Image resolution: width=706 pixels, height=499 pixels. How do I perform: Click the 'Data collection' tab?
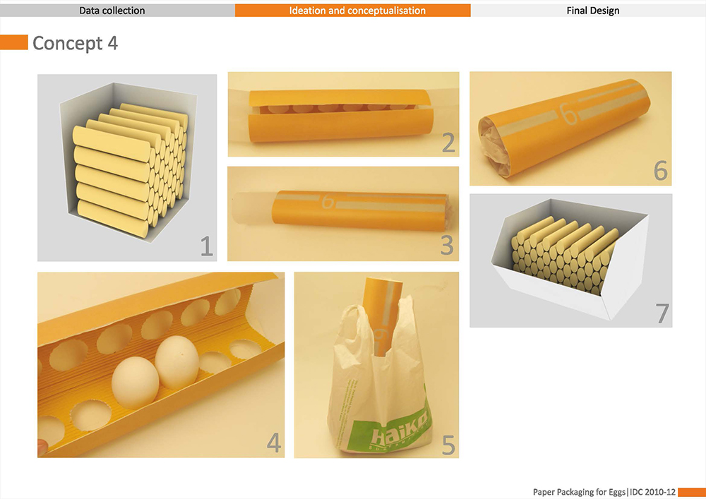pos(112,11)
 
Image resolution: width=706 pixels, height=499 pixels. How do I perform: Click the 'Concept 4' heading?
pos(76,43)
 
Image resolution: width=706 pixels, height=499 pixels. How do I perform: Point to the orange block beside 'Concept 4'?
pos(14,42)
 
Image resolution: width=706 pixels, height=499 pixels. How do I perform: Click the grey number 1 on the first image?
pos(206,246)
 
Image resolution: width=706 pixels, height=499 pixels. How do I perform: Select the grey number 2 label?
pos(448,143)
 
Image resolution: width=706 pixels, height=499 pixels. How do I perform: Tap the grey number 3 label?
pos(447,245)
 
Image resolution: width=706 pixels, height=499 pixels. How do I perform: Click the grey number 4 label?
pos(274,443)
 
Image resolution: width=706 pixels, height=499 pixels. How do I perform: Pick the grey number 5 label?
pos(448,445)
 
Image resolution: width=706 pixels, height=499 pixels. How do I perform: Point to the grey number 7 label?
pos(662,313)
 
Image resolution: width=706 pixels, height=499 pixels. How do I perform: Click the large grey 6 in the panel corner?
pos(661,171)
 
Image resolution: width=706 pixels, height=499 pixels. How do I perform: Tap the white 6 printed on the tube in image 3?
pos(328,201)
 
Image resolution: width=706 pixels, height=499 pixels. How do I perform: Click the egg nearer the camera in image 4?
pos(135,383)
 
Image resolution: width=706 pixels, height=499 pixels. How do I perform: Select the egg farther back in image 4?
pos(177,362)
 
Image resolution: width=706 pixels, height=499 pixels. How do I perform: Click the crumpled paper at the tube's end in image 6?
pos(494,145)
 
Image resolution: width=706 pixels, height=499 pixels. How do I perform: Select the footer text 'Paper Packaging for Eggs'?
pos(580,492)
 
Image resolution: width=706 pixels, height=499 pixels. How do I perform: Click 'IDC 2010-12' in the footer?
pos(652,492)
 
